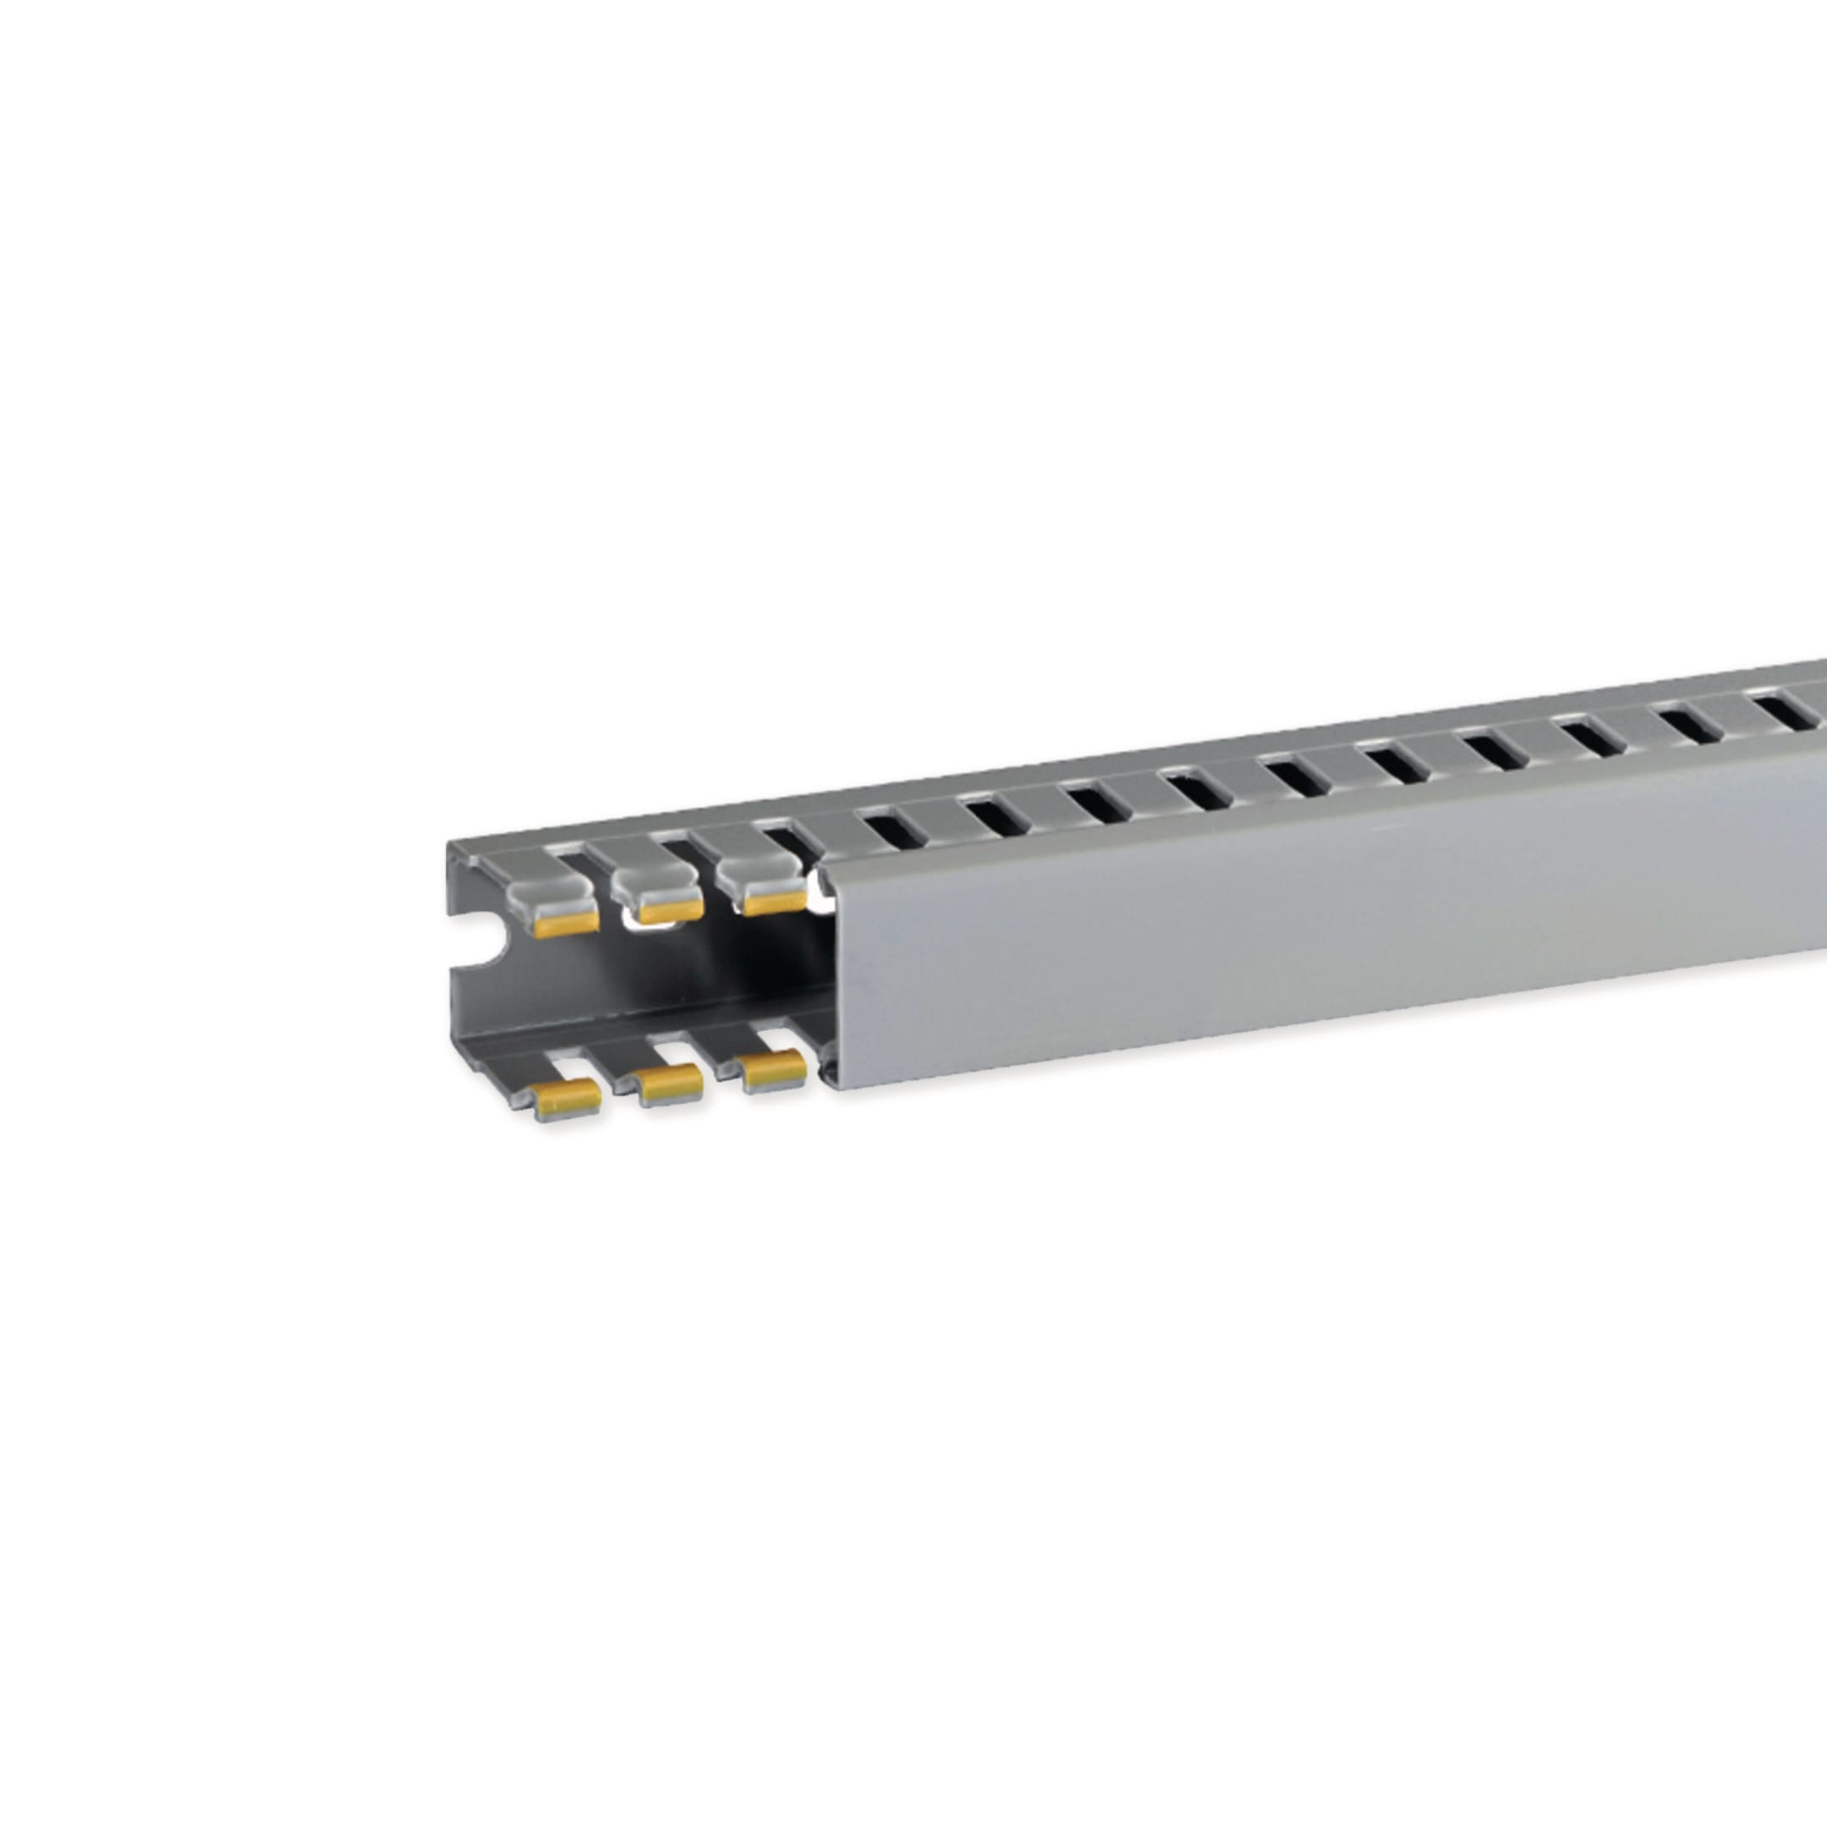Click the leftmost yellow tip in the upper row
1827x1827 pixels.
tap(567, 922)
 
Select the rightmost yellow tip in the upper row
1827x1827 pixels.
tap(775, 901)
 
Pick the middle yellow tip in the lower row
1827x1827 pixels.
tap(671, 1084)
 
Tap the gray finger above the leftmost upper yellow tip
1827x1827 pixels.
tap(547, 888)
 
